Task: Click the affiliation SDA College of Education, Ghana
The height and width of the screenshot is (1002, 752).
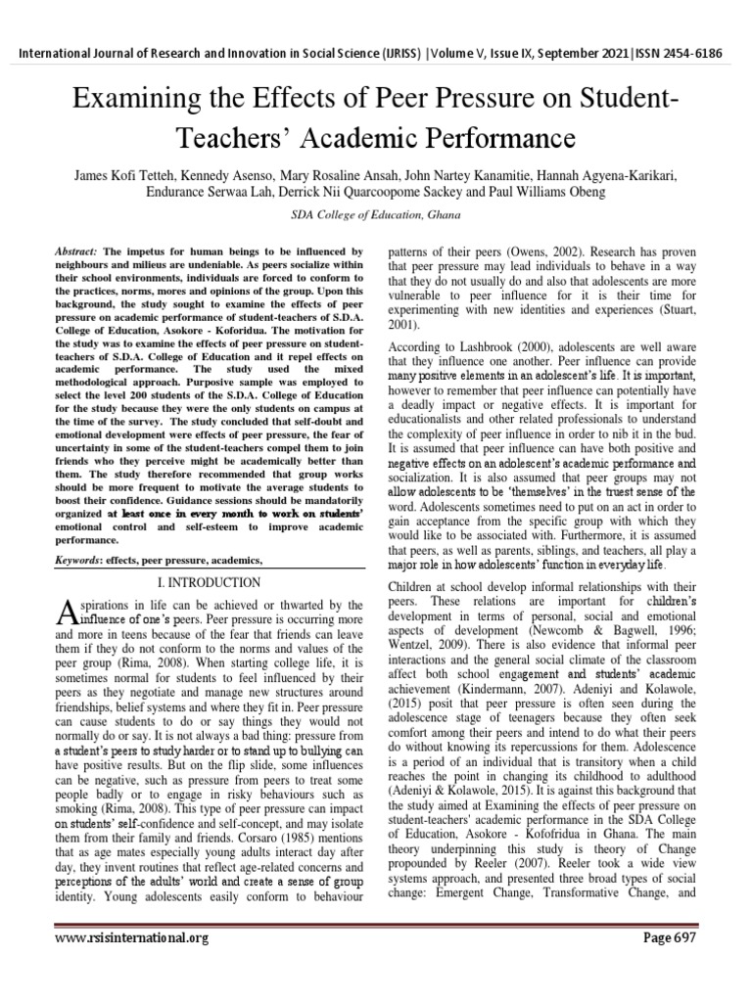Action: click(376, 214)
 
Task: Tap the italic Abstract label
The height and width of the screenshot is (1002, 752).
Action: click(74, 250)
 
